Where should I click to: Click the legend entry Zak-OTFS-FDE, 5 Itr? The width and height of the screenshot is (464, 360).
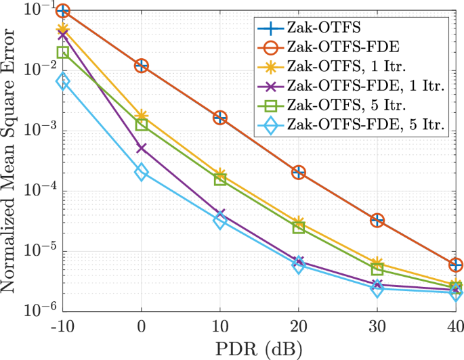pos(366,125)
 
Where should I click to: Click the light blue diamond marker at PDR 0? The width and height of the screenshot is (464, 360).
pos(142,172)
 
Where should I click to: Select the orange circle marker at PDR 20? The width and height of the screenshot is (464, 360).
pos(299,172)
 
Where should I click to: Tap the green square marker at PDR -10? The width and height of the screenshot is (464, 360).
pos(63,52)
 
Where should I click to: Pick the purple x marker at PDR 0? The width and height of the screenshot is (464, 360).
pos(142,148)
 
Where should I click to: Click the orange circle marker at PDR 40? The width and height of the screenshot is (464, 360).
pos(456,265)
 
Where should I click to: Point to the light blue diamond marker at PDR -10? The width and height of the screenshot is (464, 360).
pos(63,82)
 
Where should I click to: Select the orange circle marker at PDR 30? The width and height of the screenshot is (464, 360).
pos(377,220)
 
